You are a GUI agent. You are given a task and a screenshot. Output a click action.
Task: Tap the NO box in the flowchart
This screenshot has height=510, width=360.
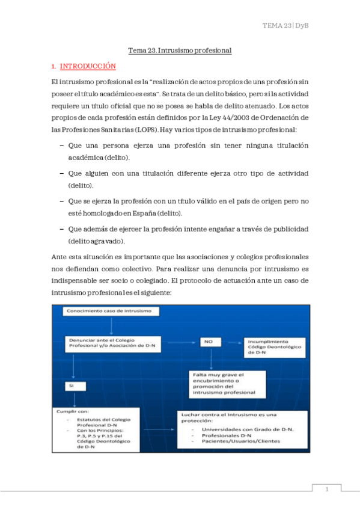[x=210, y=342]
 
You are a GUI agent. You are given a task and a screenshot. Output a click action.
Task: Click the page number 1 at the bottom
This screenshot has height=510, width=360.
[x=327, y=490]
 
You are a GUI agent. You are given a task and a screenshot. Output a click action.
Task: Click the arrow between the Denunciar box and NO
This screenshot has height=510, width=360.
[x=181, y=342]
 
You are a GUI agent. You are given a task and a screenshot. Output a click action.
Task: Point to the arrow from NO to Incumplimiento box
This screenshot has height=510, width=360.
[x=232, y=342]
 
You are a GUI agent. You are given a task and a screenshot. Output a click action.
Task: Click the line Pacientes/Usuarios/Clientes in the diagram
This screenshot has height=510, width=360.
[x=241, y=441]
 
